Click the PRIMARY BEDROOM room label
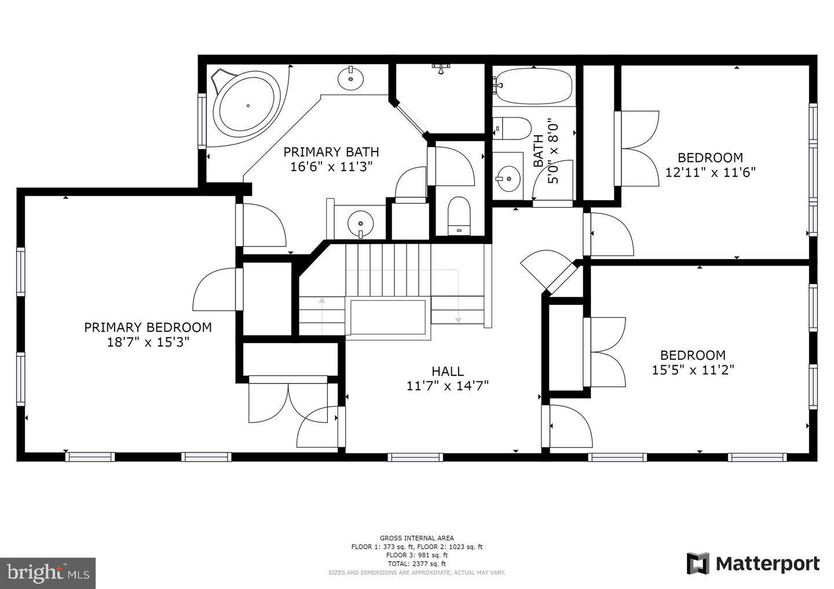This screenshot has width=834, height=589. point(148,327)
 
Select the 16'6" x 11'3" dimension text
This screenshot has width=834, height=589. point(331,167)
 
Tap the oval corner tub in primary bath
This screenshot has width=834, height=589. point(247,105)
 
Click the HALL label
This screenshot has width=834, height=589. point(447,371)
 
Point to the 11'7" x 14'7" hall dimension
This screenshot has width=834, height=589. point(447,386)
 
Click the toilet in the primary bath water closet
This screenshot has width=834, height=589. point(460,216)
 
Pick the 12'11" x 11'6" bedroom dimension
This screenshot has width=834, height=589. point(710,172)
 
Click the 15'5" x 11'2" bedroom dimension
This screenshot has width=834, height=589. point(693,370)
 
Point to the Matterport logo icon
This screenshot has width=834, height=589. point(698,564)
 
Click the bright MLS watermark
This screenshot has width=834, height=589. point(47,573)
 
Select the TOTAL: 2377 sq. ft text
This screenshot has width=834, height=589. point(416,564)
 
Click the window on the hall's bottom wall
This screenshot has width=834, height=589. point(415,457)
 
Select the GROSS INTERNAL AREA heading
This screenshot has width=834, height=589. point(416,538)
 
